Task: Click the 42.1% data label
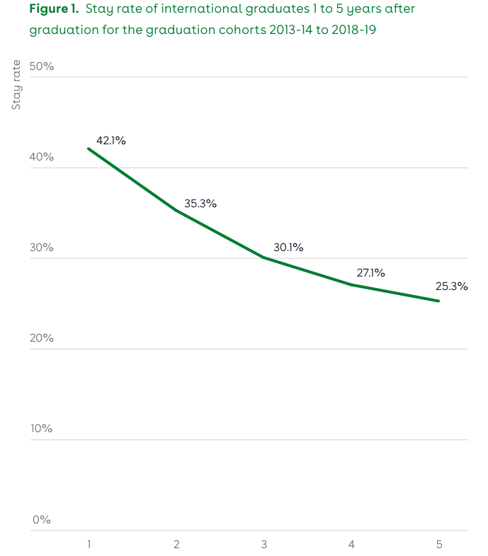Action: pyautogui.click(x=111, y=141)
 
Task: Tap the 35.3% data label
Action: pyautogui.click(x=200, y=204)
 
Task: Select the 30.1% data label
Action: pyautogui.click(x=288, y=248)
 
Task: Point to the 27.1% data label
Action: pyautogui.click(x=370, y=272)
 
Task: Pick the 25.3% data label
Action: pyautogui.click(x=451, y=286)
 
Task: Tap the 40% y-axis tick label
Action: pyautogui.click(x=41, y=157)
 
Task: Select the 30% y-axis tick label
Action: pyautogui.click(x=41, y=248)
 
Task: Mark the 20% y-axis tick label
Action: pyautogui.click(x=41, y=338)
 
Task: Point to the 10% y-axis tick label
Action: pyautogui.click(x=41, y=429)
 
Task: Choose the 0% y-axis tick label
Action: pyautogui.click(x=41, y=519)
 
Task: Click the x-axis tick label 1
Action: pyautogui.click(x=89, y=544)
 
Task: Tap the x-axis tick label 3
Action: pyautogui.click(x=263, y=544)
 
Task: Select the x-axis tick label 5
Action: pyautogui.click(x=439, y=544)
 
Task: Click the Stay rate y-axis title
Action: pyautogui.click(x=16, y=86)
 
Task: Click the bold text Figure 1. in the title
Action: pyautogui.click(x=54, y=9)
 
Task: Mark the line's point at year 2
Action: pyautogui.click(x=176, y=210)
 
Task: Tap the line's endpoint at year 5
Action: pyautogui.click(x=439, y=301)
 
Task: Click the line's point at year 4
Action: pyautogui.click(x=351, y=284)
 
